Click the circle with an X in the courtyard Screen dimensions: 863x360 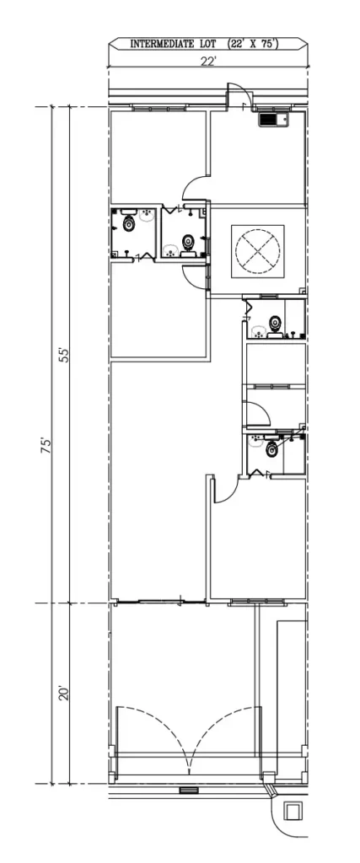pos(257,249)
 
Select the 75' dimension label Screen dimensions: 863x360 pos(48,445)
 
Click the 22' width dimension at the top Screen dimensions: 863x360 pos(208,60)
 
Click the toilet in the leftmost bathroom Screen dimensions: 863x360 pos(128,223)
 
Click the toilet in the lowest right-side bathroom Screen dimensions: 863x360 pos(271,450)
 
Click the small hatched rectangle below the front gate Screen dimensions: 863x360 pos(188,791)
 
